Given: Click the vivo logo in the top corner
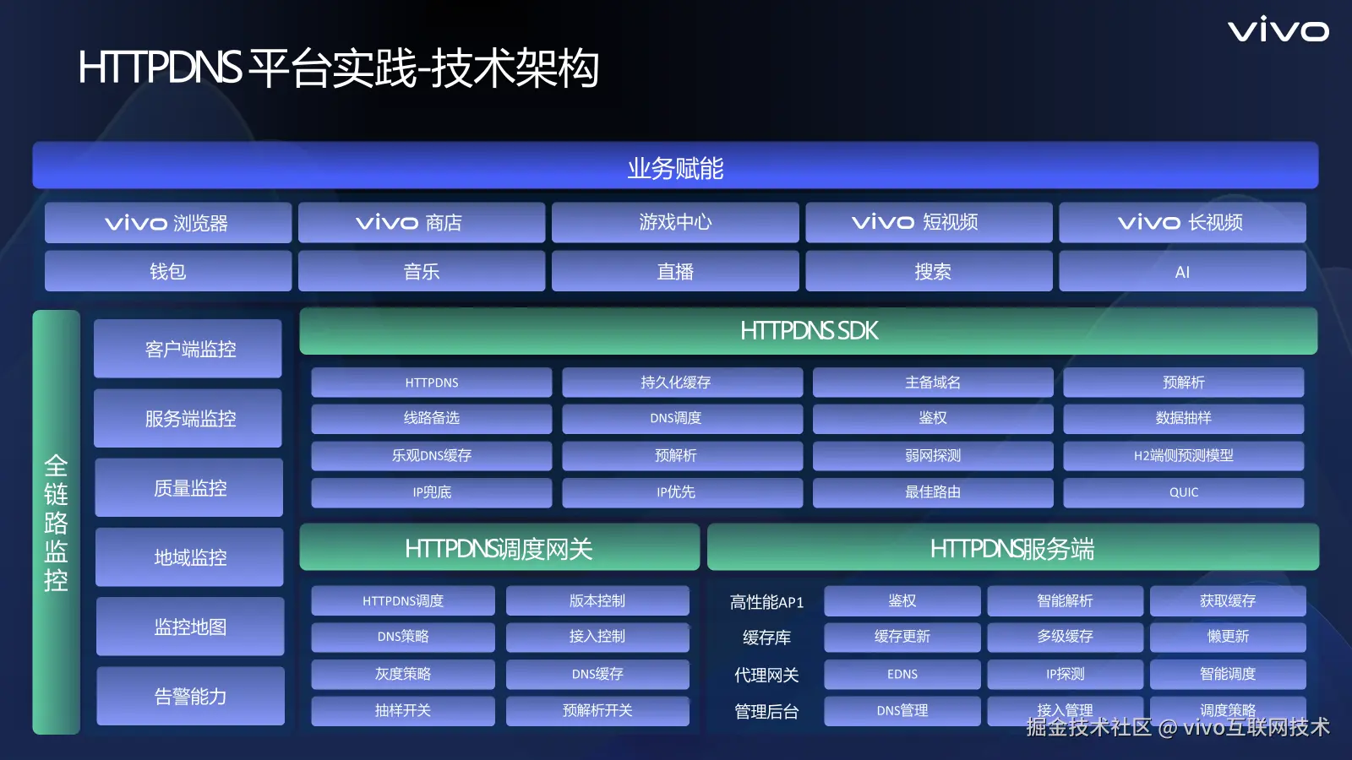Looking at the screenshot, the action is click(x=1278, y=30).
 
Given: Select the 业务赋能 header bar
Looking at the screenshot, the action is click(x=675, y=166).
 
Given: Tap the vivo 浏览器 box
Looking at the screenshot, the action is click(x=168, y=223).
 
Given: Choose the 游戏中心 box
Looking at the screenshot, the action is click(x=675, y=223).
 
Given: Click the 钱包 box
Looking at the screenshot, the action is click(x=168, y=271).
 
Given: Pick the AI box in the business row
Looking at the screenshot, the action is click(x=1182, y=271).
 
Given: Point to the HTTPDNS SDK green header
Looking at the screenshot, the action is click(x=809, y=330).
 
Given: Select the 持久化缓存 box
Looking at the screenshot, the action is click(x=683, y=382).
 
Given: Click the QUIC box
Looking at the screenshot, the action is click(x=1184, y=492).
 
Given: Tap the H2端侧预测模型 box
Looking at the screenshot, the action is click(x=1184, y=455).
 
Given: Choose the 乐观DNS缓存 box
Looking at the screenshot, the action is click(x=432, y=455).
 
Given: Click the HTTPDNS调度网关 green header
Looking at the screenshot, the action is click(x=499, y=548).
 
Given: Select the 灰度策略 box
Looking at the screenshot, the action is click(x=403, y=674).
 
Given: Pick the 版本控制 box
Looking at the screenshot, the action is click(x=597, y=600).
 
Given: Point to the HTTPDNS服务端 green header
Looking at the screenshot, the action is click(x=1013, y=548).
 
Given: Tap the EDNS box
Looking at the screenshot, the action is click(x=902, y=674).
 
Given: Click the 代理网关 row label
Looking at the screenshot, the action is click(x=766, y=675).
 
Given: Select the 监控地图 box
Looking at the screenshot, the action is click(x=190, y=627).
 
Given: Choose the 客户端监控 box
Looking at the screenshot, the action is click(x=188, y=349).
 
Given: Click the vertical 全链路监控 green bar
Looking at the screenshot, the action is click(x=56, y=523).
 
